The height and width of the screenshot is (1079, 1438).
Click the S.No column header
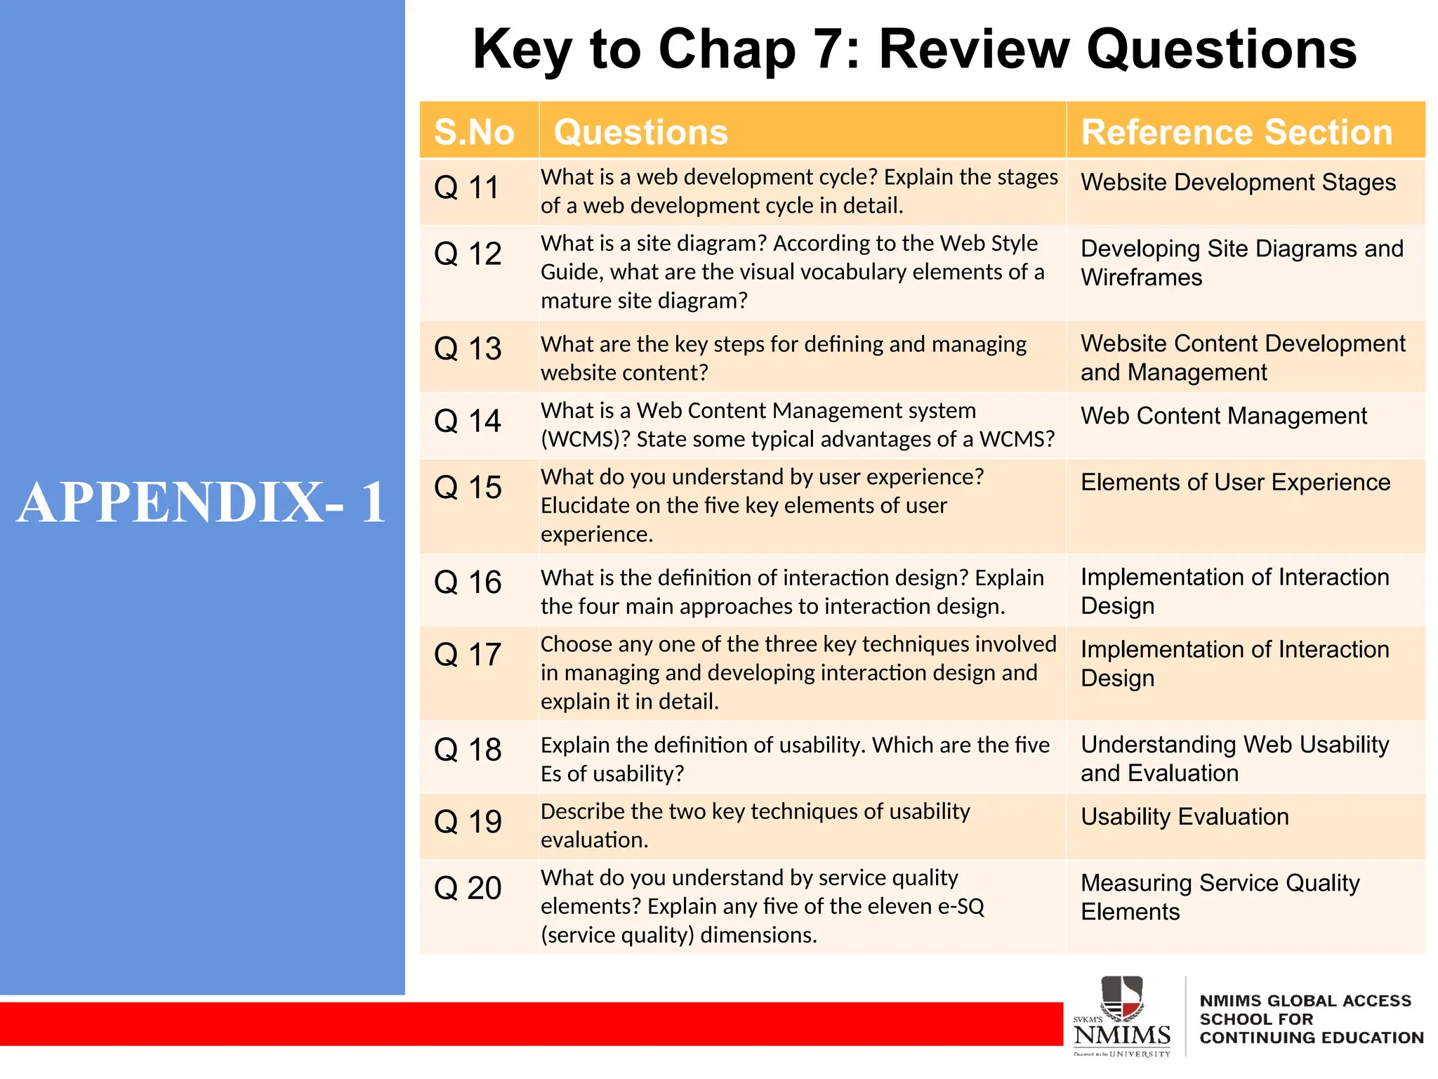pos(475,132)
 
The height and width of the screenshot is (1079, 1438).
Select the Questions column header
pos(640,132)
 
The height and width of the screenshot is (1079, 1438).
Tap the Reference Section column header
pos(1236,132)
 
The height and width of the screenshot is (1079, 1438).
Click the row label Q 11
pos(466,188)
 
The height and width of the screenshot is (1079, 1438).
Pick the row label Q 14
pos(467,421)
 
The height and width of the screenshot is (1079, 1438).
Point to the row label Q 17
pos(467,655)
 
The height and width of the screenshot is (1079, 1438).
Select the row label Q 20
pos(467,888)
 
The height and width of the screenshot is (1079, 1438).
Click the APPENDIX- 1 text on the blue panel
pos(202,502)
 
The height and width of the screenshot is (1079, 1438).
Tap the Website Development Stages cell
pos(1238,183)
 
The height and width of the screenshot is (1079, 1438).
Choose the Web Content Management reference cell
pos(1223,416)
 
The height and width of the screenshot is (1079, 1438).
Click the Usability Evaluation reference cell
pos(1185,817)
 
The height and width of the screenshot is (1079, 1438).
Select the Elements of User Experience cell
pos(1235,483)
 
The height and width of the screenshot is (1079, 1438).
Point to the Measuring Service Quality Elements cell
pos(1220,897)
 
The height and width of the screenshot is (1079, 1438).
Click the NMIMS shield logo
pos(1122,998)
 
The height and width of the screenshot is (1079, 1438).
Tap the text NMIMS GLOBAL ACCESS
pos(1305,1000)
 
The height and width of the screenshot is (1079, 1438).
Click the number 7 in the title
pos(826,49)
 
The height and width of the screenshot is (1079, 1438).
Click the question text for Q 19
pos(755,825)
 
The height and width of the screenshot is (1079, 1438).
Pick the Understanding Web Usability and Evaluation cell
pos(1234,759)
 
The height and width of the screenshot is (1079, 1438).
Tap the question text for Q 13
pos(783,358)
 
